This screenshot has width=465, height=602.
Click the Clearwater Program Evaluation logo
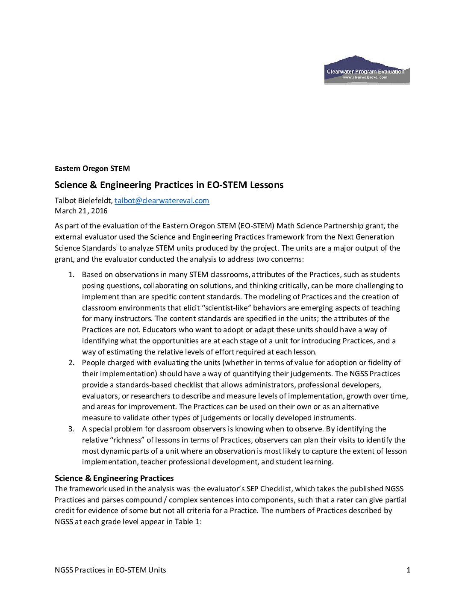click(x=367, y=70)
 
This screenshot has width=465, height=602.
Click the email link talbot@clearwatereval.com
click(x=162, y=201)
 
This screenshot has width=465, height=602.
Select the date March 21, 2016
click(x=81, y=211)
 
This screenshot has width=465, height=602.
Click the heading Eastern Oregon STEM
click(x=92, y=168)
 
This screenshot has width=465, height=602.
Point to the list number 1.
click(x=71, y=274)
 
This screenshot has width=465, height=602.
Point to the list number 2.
click(x=71, y=363)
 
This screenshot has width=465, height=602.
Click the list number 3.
click(x=71, y=429)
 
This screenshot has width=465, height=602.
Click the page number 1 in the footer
click(x=409, y=570)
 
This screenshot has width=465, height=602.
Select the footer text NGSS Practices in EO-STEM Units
click(x=110, y=570)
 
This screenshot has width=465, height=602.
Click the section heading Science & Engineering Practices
click(x=114, y=478)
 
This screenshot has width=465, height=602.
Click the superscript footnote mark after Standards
click(x=117, y=246)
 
